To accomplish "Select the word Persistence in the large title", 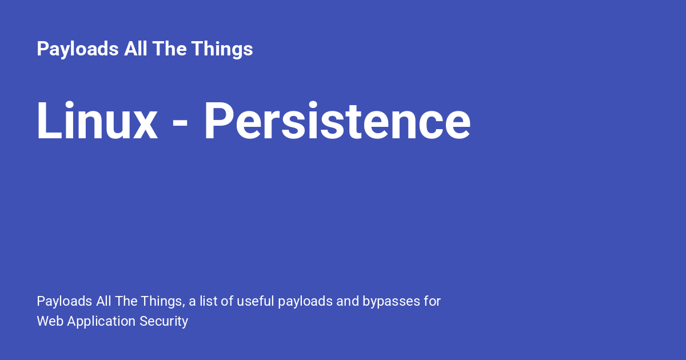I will click(337, 122).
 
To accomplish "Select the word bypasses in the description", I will click(390, 301).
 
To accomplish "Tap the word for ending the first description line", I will click(432, 301).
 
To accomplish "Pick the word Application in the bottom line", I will click(101, 321).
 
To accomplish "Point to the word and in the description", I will click(348, 301).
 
